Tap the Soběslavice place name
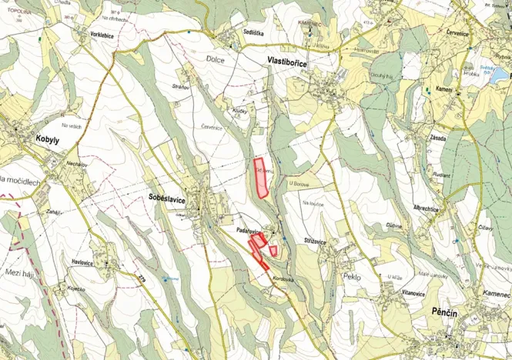click(166, 198)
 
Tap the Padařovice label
click(252, 231)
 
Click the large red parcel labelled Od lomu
click(262, 178)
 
